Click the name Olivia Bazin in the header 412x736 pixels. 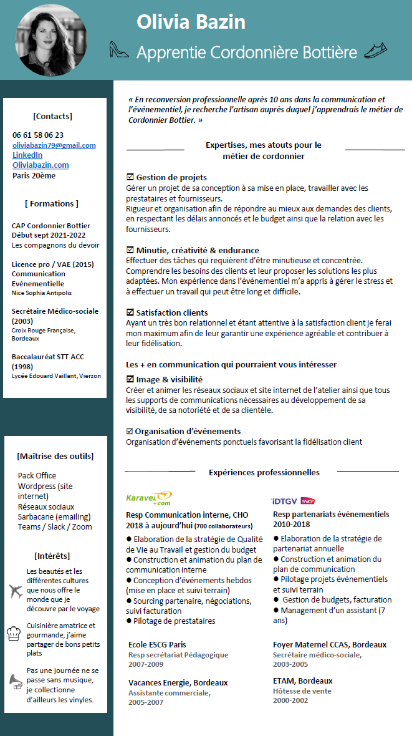[x=191, y=22]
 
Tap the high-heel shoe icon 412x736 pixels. [x=118, y=50]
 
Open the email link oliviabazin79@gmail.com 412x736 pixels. [x=54, y=145]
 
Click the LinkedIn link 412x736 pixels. [x=27, y=155]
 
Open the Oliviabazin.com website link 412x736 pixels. [x=41, y=165]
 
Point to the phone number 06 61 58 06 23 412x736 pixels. [x=38, y=135]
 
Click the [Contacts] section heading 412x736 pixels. [x=52, y=116]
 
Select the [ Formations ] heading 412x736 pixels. [x=52, y=203]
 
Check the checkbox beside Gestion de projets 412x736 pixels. [x=130, y=178]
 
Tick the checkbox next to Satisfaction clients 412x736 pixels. [x=130, y=312]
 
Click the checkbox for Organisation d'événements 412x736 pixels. [x=130, y=431]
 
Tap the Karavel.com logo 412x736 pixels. [x=148, y=498]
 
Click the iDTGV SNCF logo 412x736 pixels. [x=293, y=501]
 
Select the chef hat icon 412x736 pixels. [x=15, y=634]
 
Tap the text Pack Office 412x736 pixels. [x=37, y=475]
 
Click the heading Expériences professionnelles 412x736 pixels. [x=264, y=472]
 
